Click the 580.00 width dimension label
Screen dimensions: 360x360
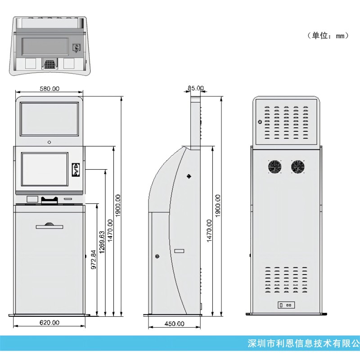pyautogui.click(x=49, y=89)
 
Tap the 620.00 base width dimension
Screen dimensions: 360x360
pyautogui.click(x=49, y=323)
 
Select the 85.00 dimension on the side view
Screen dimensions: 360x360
pyautogui.click(x=196, y=88)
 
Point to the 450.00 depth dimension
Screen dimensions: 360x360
pyautogui.click(x=174, y=324)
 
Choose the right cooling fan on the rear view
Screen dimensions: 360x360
pyautogui.click(x=297, y=167)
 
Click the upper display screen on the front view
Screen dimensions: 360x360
pyautogui.click(x=49, y=119)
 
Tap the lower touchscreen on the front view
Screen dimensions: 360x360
pyautogui.click(x=45, y=170)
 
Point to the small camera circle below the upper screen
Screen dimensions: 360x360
pyautogui.click(x=49, y=142)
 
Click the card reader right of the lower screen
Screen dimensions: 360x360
pyautogui.click(x=76, y=170)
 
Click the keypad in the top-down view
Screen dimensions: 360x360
pyautogui.click(x=49, y=64)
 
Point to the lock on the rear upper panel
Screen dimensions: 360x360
pyautogui.click(x=260, y=122)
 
